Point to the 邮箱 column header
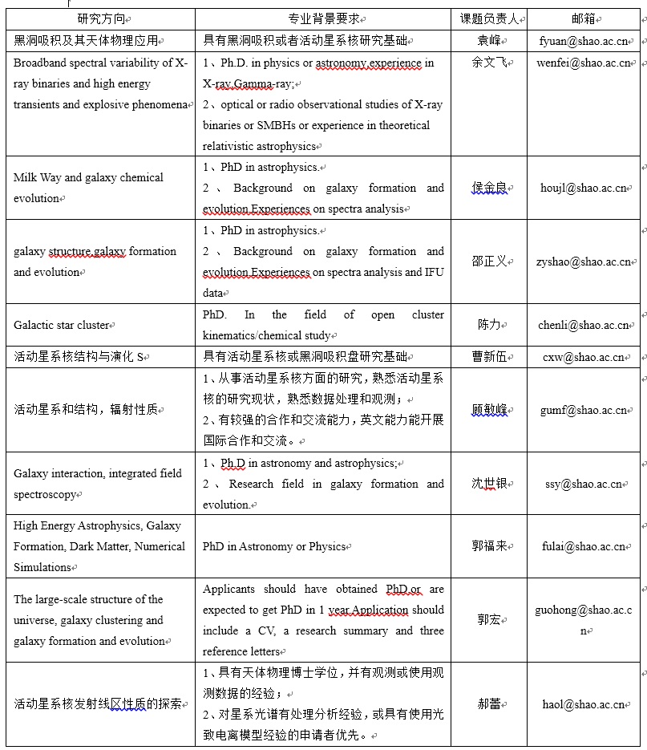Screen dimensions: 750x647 [x=583, y=18]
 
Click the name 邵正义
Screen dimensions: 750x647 [x=489, y=261]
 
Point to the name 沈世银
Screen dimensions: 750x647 [x=489, y=484]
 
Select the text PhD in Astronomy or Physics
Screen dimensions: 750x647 [x=274, y=546]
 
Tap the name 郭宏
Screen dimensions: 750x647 [x=489, y=620]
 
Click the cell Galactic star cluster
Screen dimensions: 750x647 [x=62, y=325]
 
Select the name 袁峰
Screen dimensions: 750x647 [x=489, y=39]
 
